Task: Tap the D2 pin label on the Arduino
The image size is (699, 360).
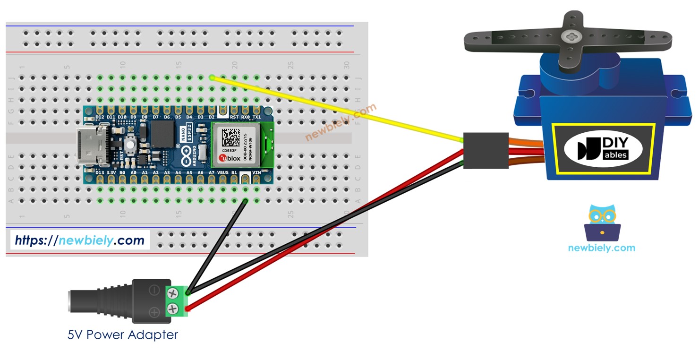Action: pyautogui.click(x=212, y=117)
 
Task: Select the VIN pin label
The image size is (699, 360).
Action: pyautogui.click(x=256, y=173)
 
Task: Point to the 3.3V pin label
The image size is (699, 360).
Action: pyautogui.click(x=111, y=173)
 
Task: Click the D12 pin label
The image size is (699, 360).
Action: pyautogui.click(x=100, y=117)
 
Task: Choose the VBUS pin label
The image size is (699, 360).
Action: pyautogui.click(x=222, y=173)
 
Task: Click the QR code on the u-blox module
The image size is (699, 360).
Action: pyautogui.click(x=231, y=137)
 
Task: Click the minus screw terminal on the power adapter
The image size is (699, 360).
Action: pyautogui.click(x=172, y=293)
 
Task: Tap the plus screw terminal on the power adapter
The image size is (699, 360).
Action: pyautogui.click(x=172, y=309)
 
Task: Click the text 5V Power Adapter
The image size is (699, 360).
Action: pyautogui.click(x=123, y=335)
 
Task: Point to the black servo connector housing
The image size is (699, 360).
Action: pyautogui.click(x=479, y=150)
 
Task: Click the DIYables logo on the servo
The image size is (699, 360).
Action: pyautogui.click(x=603, y=148)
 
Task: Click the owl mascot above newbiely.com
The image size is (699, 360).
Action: pyautogui.click(x=602, y=222)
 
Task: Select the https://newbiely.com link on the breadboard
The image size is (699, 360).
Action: pyautogui.click(x=79, y=240)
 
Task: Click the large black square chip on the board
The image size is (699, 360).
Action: pyautogui.click(x=162, y=134)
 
